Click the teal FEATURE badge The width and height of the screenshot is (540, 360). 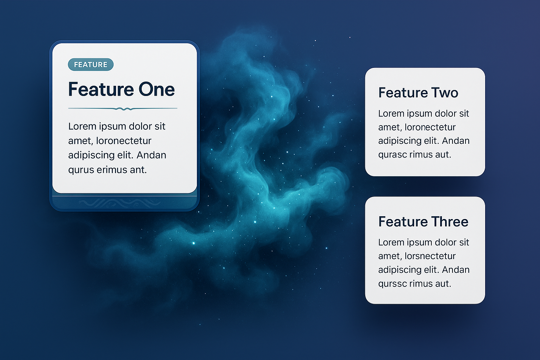(x=91, y=65)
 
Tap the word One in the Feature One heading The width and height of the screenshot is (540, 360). (x=156, y=89)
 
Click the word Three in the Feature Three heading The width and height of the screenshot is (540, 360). (x=450, y=221)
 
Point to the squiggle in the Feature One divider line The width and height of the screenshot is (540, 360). (x=124, y=109)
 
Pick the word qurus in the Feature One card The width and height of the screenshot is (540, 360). (x=81, y=170)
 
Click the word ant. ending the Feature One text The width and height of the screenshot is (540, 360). (x=139, y=170)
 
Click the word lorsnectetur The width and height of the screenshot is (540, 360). (x=430, y=256)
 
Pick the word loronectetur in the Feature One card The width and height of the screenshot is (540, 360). (x=124, y=141)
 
